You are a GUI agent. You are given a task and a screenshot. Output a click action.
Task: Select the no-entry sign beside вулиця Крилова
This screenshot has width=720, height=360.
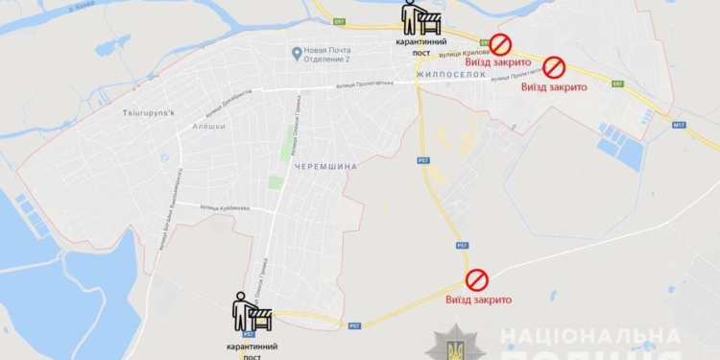pyautogui.click(x=500, y=44)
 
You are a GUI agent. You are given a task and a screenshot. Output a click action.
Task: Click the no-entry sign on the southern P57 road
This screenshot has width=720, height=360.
pyautogui.click(x=477, y=279)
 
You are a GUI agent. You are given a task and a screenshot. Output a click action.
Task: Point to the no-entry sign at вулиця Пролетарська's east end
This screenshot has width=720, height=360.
pyautogui.click(x=555, y=67)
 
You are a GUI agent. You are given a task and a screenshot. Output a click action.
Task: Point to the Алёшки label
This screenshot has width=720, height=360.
pyautogui.click(x=207, y=126)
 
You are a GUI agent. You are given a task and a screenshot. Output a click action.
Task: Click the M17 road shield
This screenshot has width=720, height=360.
pyautogui.click(x=680, y=124)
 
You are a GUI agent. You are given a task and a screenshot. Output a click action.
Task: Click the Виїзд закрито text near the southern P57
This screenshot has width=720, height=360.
pyautogui.click(x=478, y=300)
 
